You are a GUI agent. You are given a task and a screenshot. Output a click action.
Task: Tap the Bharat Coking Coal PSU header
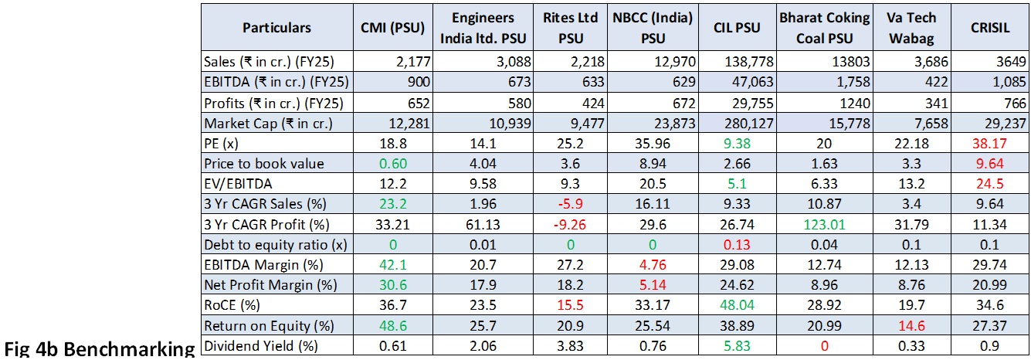tap(824, 28)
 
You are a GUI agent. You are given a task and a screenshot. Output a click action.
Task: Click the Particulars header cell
tap(276, 28)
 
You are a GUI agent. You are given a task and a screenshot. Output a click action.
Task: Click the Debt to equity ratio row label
tap(261, 244)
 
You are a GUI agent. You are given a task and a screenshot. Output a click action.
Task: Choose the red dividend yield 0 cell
tap(825, 345)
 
